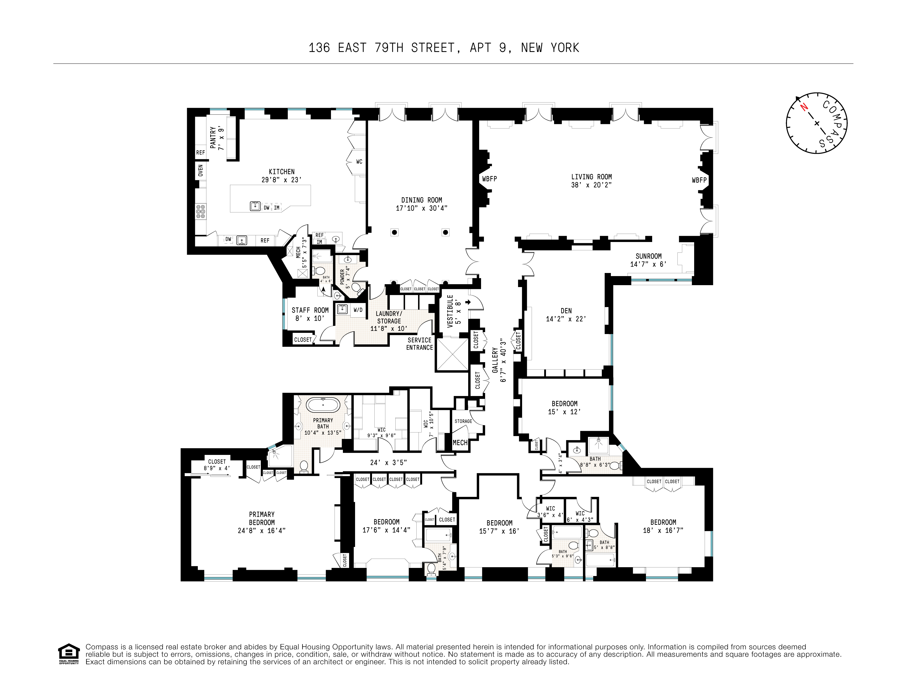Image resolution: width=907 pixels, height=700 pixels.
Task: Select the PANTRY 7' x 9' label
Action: click(217, 138)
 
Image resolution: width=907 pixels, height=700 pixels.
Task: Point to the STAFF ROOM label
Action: click(310, 310)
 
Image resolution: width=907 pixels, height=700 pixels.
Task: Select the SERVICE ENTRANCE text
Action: click(419, 344)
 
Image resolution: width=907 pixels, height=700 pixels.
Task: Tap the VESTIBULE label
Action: click(450, 311)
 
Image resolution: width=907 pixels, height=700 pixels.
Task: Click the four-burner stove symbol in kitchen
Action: click(201, 211)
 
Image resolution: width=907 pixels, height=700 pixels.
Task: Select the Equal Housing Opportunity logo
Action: click(68, 654)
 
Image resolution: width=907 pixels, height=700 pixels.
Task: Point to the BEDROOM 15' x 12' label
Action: click(564, 407)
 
